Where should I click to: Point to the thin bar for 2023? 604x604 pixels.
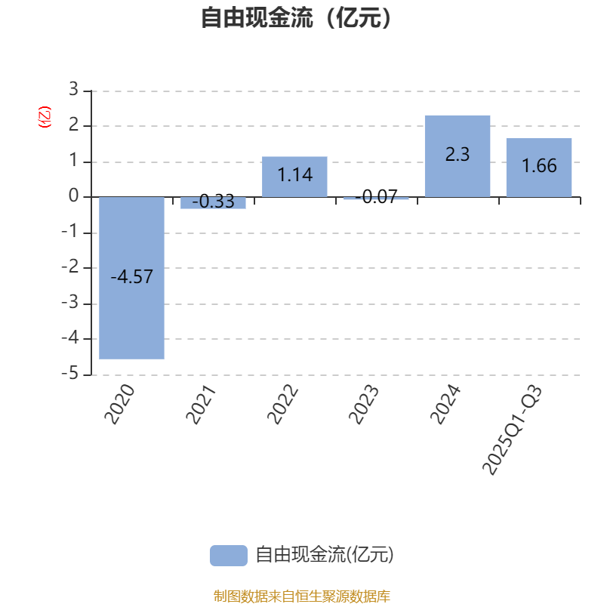tap(376, 199)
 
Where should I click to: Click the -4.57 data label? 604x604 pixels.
tap(131, 277)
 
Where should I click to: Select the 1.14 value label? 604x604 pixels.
tap(294, 175)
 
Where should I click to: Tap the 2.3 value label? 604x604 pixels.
tap(458, 155)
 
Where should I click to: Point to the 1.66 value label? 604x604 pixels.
tap(539, 166)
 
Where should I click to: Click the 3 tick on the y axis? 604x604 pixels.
tap(73, 90)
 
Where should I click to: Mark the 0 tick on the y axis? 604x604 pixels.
tap(73, 196)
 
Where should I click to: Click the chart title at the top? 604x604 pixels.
tap(296, 17)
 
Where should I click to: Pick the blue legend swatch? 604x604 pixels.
tap(228, 555)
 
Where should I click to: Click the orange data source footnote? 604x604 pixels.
tap(301, 596)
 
